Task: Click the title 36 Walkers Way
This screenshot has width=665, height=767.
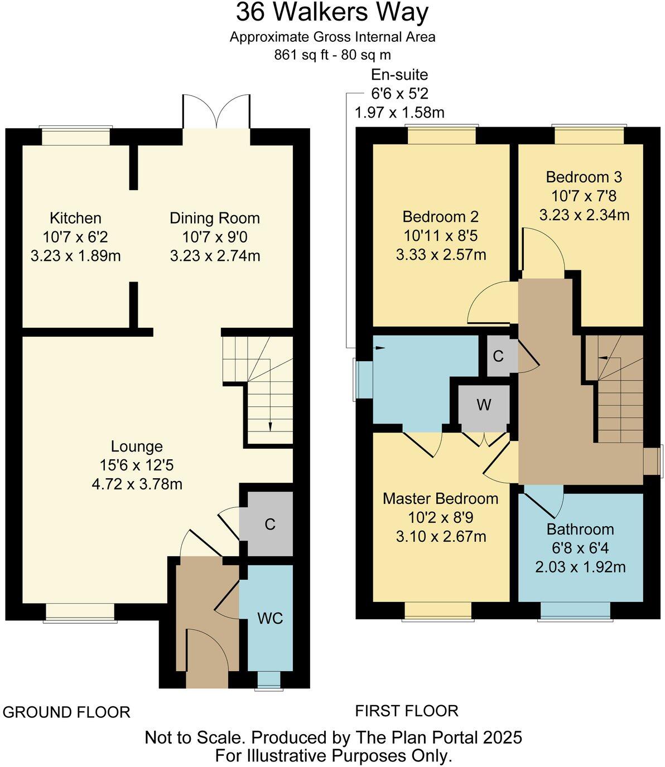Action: [x=332, y=12]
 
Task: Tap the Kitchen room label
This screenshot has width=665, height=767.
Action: [x=75, y=218]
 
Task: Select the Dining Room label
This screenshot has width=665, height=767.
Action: [x=215, y=218]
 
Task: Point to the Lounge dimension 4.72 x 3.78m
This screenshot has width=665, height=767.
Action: [x=137, y=484]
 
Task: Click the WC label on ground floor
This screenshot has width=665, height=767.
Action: [x=270, y=618]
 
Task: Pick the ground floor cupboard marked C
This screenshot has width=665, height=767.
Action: [x=270, y=524]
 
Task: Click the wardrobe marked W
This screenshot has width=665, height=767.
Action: [x=484, y=405]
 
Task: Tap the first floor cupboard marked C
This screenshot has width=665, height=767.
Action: [x=498, y=356]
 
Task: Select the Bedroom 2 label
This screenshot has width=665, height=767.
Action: [x=441, y=217]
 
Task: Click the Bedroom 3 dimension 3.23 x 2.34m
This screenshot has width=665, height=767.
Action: [x=584, y=215]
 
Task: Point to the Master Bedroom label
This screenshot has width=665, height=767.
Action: [x=441, y=498]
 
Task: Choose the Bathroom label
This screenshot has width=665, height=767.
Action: [x=580, y=529]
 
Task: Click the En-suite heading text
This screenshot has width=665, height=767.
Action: [x=399, y=75]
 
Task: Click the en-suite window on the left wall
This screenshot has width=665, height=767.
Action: [x=364, y=380]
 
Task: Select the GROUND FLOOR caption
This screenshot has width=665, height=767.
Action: [x=66, y=712]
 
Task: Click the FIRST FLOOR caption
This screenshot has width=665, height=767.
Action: [x=407, y=711]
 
